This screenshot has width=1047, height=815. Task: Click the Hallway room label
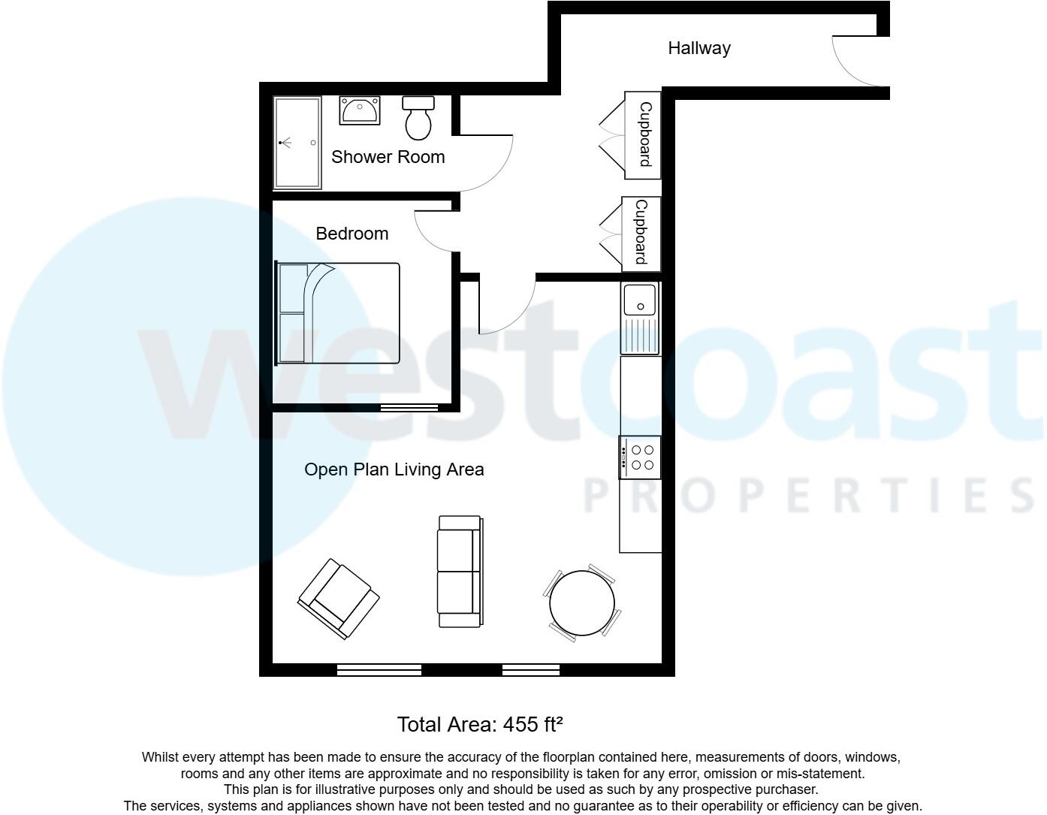[x=699, y=48]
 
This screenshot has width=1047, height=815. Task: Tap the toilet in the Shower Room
[x=418, y=117]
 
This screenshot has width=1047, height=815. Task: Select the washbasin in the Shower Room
[x=360, y=110]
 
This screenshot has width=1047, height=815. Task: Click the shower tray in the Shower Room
[x=297, y=142]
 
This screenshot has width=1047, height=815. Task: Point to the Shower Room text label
[x=388, y=157]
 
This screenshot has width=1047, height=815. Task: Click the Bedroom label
[x=352, y=234]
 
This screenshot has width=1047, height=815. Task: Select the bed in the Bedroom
[x=338, y=313]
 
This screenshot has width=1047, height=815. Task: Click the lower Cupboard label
[x=641, y=232]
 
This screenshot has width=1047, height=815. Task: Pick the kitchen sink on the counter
[x=640, y=318]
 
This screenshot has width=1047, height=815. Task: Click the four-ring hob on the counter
[x=641, y=457]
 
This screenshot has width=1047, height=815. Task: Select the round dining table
[x=582, y=603]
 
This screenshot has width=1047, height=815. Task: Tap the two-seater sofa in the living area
[x=460, y=572]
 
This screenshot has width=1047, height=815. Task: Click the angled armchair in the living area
[x=339, y=598]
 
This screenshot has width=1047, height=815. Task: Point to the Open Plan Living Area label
[x=394, y=469]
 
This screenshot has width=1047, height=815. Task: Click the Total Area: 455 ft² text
[x=480, y=724]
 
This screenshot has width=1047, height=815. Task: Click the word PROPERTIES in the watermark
[x=807, y=496]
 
